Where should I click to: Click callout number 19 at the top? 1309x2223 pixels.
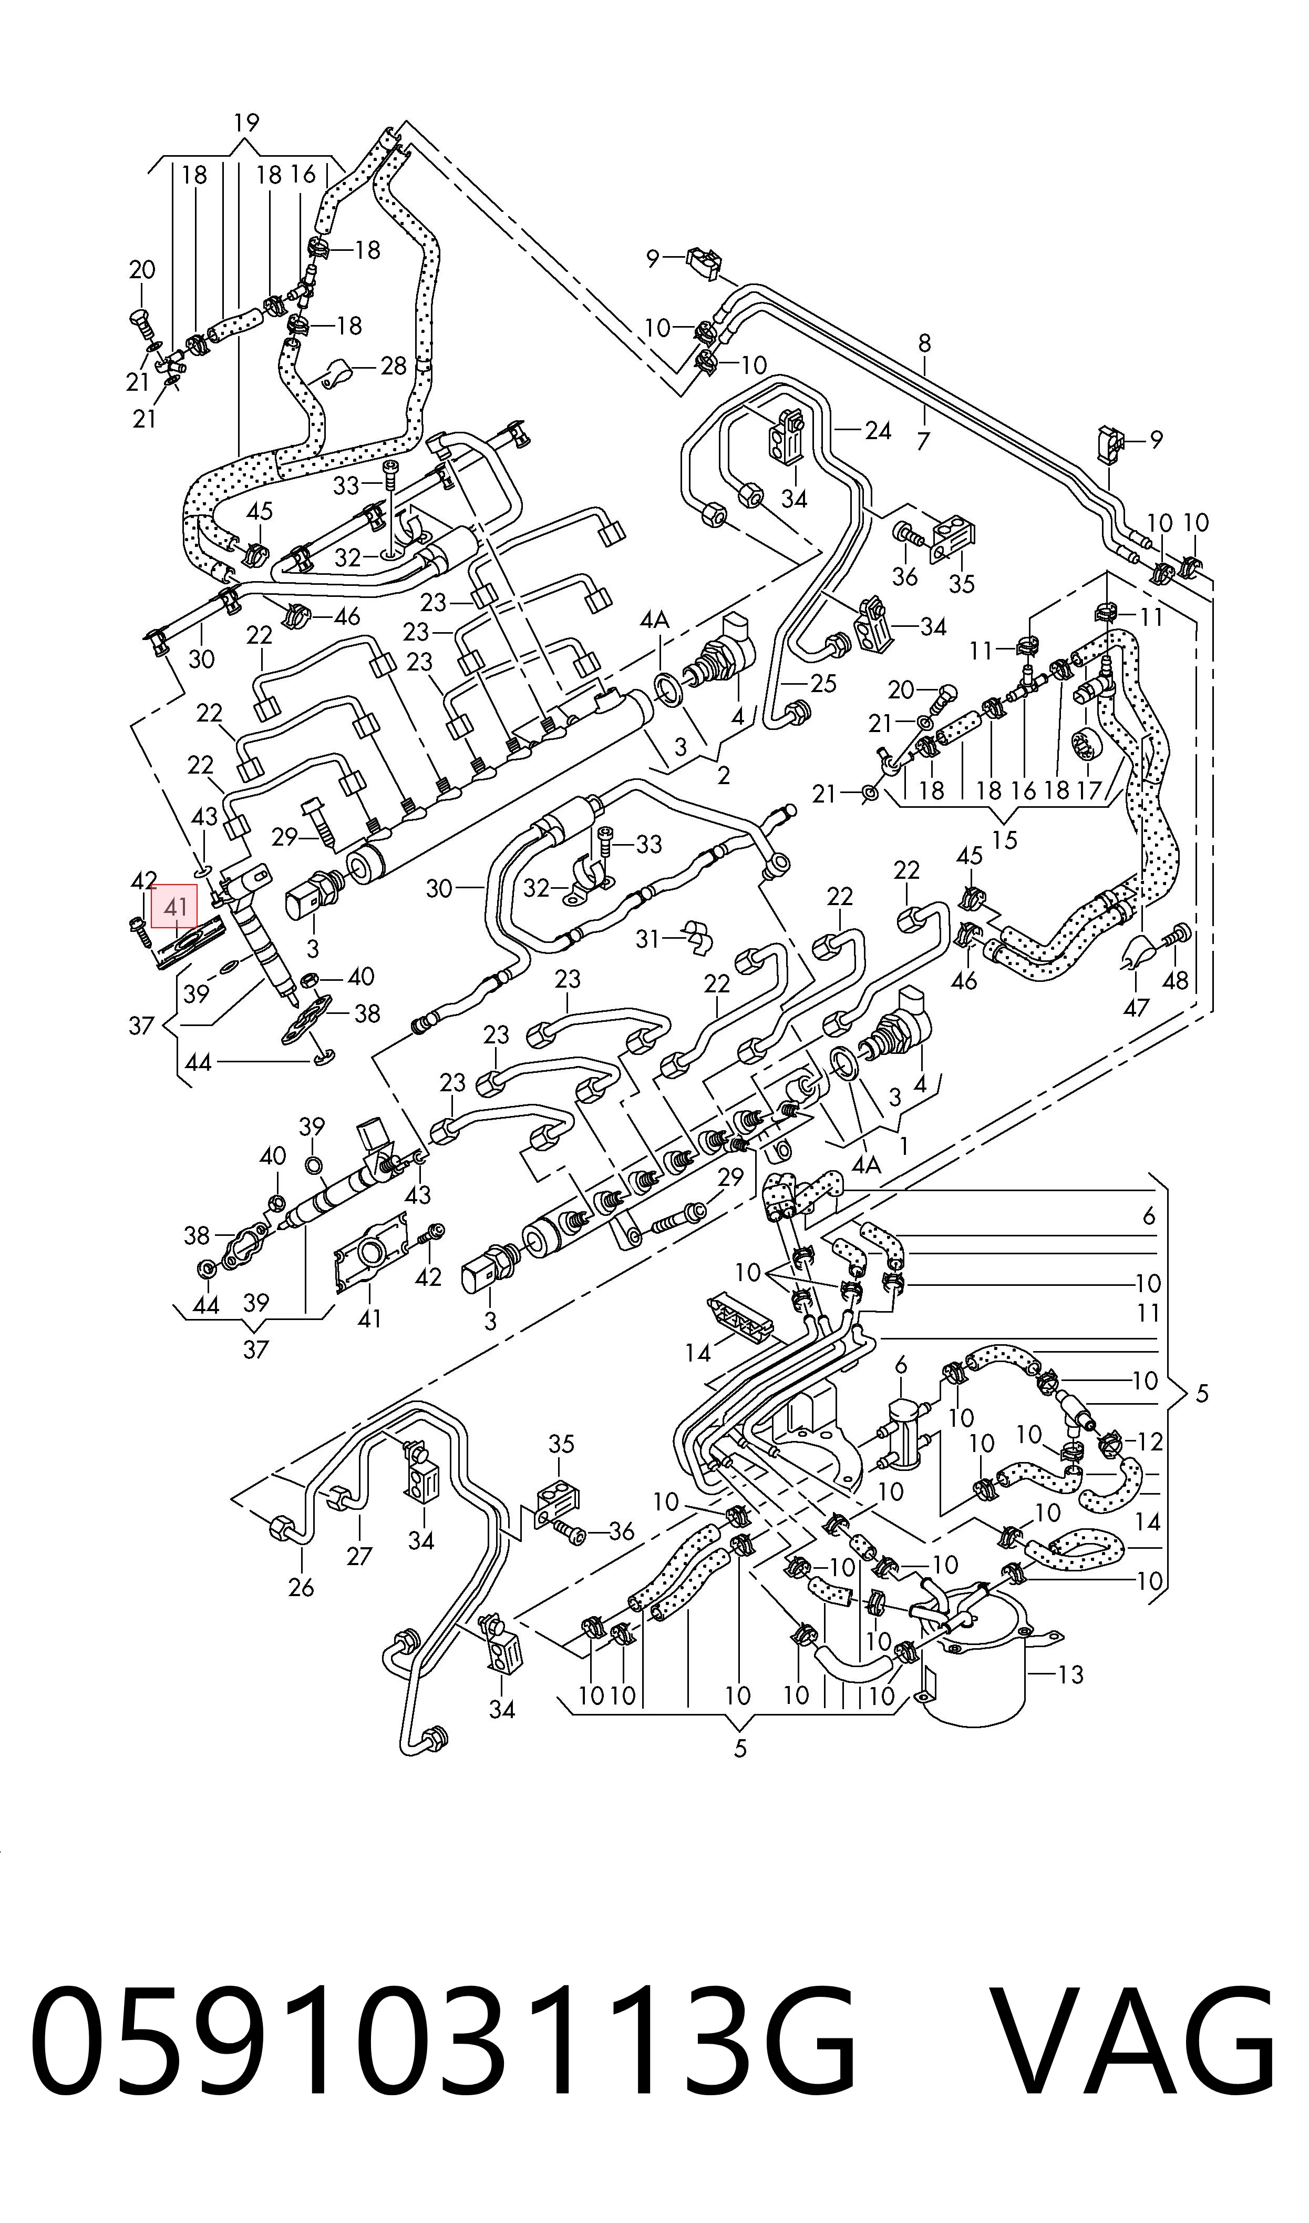pos(246,123)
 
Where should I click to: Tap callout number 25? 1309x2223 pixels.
pos(822,683)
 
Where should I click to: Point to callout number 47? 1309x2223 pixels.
pos(1136,1007)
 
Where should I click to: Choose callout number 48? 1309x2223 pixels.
pos(1175,980)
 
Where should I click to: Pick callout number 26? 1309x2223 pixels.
pos(301,1588)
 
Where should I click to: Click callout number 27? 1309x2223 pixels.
pos(359,1556)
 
